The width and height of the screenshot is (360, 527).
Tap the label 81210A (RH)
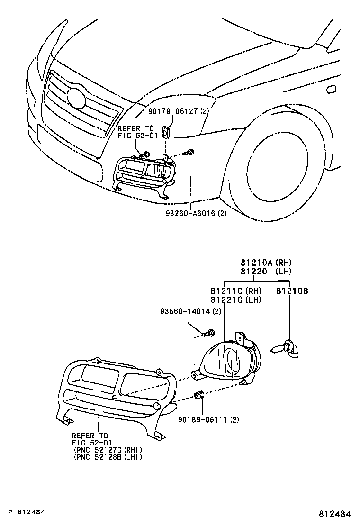(x=265, y=263)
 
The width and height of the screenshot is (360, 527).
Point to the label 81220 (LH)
(x=265, y=272)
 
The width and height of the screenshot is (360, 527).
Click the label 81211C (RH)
(x=235, y=291)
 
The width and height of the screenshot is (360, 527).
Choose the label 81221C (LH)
(x=235, y=300)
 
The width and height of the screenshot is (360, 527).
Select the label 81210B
(x=292, y=291)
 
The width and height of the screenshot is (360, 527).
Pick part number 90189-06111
(x=203, y=419)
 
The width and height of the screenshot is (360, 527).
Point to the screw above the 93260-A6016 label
(x=189, y=152)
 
